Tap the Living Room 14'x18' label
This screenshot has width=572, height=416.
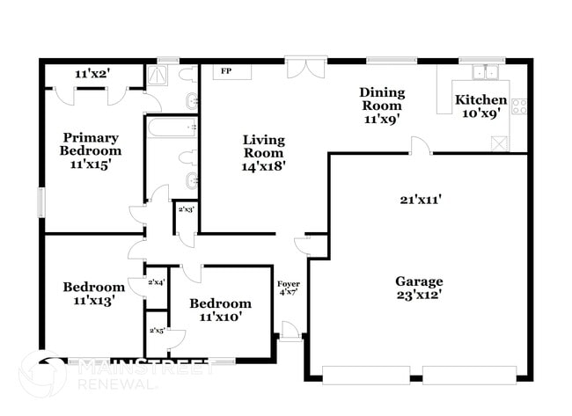point(264,152)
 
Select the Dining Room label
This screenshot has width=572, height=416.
point(381,106)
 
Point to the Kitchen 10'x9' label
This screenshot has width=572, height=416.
point(480,106)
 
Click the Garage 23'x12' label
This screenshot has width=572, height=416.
point(418,288)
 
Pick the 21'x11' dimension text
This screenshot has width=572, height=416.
point(418,200)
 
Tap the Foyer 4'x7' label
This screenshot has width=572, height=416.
point(289,289)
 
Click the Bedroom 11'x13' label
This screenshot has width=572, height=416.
point(93,293)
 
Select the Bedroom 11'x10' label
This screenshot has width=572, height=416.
point(220,310)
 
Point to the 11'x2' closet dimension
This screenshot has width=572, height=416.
point(92,74)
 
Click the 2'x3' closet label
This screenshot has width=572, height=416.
point(187,210)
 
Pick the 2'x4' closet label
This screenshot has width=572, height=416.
point(157,282)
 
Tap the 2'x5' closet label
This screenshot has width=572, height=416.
point(157,331)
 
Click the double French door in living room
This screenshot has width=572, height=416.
point(299,69)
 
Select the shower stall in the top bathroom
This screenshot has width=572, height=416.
point(159,75)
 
